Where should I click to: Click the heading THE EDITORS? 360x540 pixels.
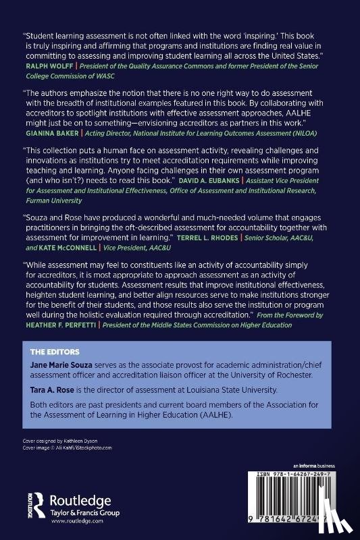55,352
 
